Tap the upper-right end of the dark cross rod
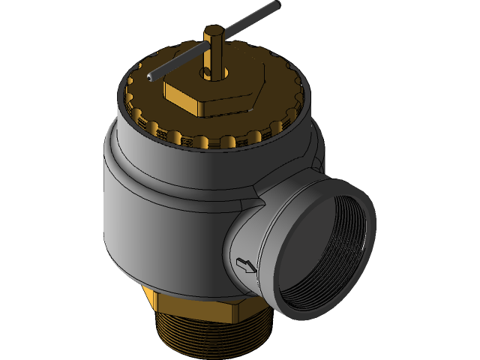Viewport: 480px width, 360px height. pyautogui.click(x=274, y=7)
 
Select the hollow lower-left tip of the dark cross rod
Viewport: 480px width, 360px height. pyautogui.click(x=151, y=76)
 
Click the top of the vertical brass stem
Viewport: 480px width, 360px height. pyautogui.click(x=211, y=31)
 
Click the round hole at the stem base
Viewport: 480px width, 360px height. pyautogui.click(x=205, y=73)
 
